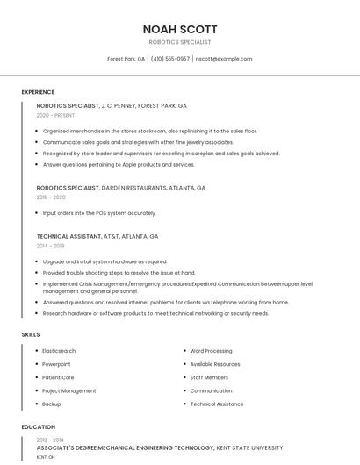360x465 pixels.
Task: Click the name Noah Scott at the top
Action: (180, 29)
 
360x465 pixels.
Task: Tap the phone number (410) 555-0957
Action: (170, 59)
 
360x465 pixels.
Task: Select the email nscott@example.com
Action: (224, 59)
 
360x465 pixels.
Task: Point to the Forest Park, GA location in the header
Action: (126, 59)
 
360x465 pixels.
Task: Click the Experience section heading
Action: (38, 92)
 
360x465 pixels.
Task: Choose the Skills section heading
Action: (30, 334)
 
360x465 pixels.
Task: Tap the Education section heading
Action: (38, 427)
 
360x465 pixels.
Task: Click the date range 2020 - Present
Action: (55, 115)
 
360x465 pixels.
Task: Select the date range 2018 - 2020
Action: (51, 197)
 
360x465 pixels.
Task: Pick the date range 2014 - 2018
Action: (50, 247)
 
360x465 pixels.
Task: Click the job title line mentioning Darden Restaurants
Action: (120, 188)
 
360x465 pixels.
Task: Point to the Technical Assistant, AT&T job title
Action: (97, 236)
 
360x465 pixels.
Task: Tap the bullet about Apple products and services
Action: (119, 164)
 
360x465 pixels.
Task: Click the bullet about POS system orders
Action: (99, 213)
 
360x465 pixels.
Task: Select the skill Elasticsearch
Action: (59, 351)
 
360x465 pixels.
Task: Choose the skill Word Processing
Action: (211, 351)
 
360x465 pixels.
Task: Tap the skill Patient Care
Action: (58, 377)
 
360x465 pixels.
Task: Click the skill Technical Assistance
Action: (217, 404)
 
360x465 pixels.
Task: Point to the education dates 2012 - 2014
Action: (50, 440)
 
